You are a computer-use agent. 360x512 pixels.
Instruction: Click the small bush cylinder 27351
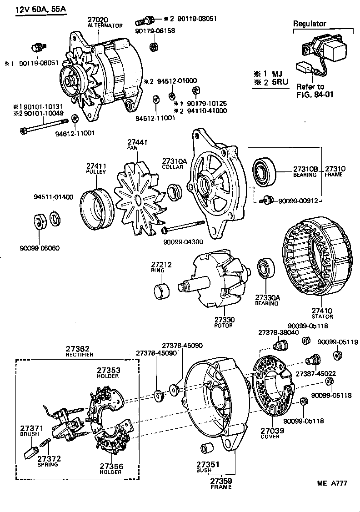pos(206,447)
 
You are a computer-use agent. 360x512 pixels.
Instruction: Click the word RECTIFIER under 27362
pos(80,355)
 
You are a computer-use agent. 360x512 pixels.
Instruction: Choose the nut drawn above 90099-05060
pos(40,221)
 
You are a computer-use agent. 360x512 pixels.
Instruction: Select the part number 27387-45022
pos(315,373)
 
